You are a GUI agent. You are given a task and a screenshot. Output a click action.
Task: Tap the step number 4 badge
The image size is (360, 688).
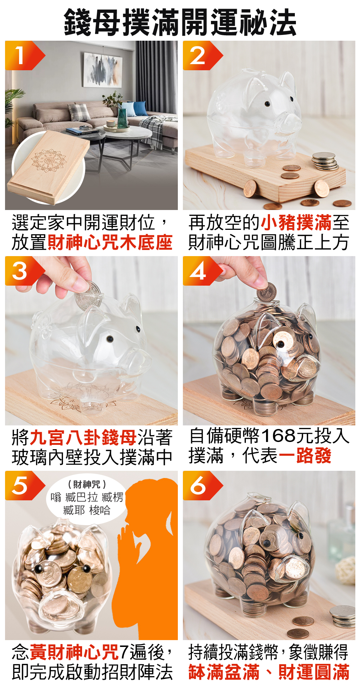point(198,271)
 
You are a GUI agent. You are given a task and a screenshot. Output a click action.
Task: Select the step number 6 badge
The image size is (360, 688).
point(198,486)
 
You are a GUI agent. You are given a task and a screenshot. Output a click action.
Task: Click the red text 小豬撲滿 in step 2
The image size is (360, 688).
point(296,222)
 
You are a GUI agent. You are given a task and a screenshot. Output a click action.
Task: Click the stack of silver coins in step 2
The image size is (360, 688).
point(325,161)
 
